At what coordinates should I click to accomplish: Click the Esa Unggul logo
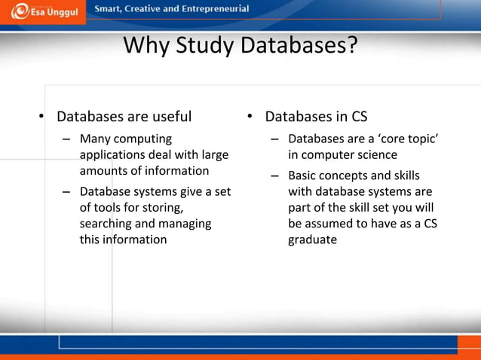click(x=43, y=13)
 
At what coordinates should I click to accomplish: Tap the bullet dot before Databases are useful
click(x=43, y=117)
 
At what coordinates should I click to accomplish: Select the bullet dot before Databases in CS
click(x=250, y=117)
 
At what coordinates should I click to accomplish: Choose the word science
click(x=373, y=155)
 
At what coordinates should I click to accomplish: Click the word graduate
click(x=312, y=240)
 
